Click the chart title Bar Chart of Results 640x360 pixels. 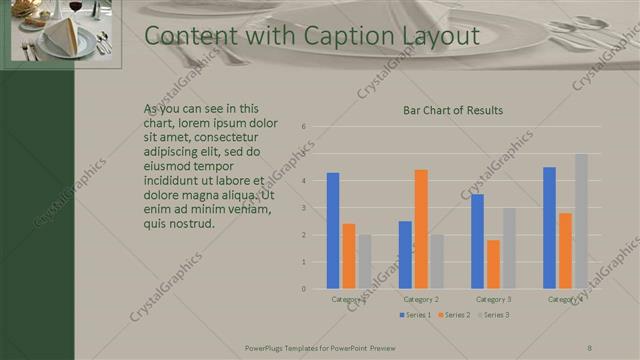[452, 110]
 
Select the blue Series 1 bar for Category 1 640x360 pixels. [333, 231]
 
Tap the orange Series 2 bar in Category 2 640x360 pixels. [421, 229]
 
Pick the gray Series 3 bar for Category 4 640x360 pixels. [581, 221]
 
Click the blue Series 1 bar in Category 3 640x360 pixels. [477, 241]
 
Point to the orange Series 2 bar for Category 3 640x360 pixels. [493, 264]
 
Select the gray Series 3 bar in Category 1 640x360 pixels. [364, 262]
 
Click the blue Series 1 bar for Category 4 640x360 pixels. [549, 228]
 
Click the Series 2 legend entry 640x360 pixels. [453, 315]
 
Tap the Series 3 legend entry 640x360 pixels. [492, 315]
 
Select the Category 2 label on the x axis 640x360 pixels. [421, 298]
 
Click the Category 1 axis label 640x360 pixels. [349, 298]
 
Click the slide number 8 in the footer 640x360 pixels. [589, 348]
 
